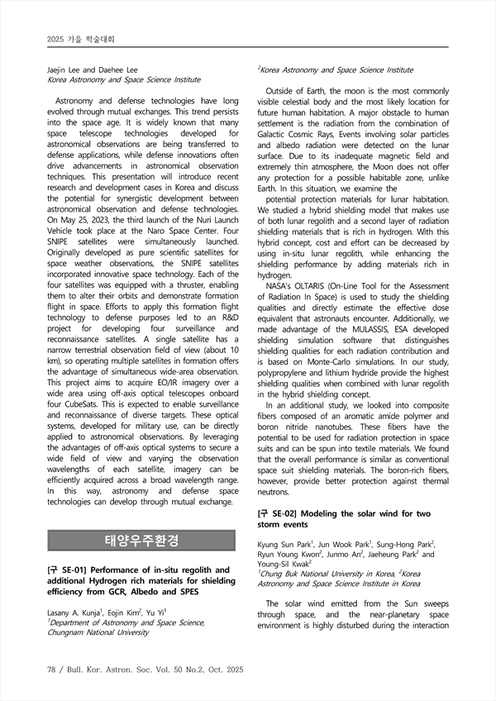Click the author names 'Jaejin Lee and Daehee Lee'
coord(92,69)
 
